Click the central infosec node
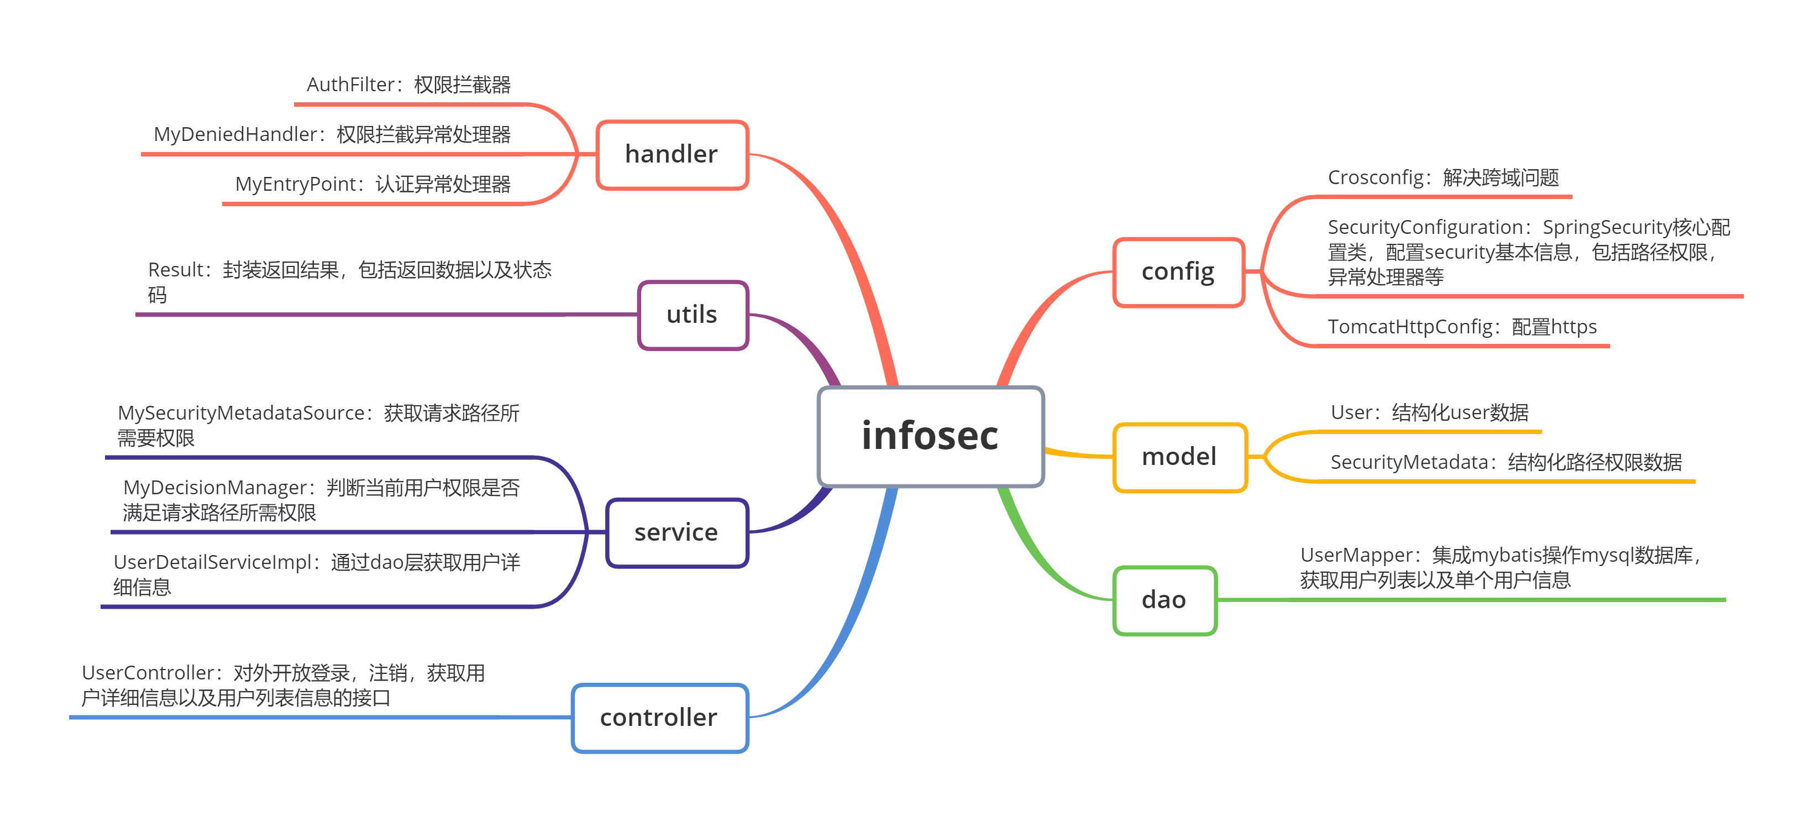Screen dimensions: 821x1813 930,436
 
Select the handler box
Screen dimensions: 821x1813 672,154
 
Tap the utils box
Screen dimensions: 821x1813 693,315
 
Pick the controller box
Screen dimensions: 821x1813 659,718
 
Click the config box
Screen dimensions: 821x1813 1178,272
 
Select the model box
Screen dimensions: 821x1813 1179,457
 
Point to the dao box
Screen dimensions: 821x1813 1164,600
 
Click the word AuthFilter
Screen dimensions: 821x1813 350,85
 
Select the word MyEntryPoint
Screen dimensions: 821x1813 296,185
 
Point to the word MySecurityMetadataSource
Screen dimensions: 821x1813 242,414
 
